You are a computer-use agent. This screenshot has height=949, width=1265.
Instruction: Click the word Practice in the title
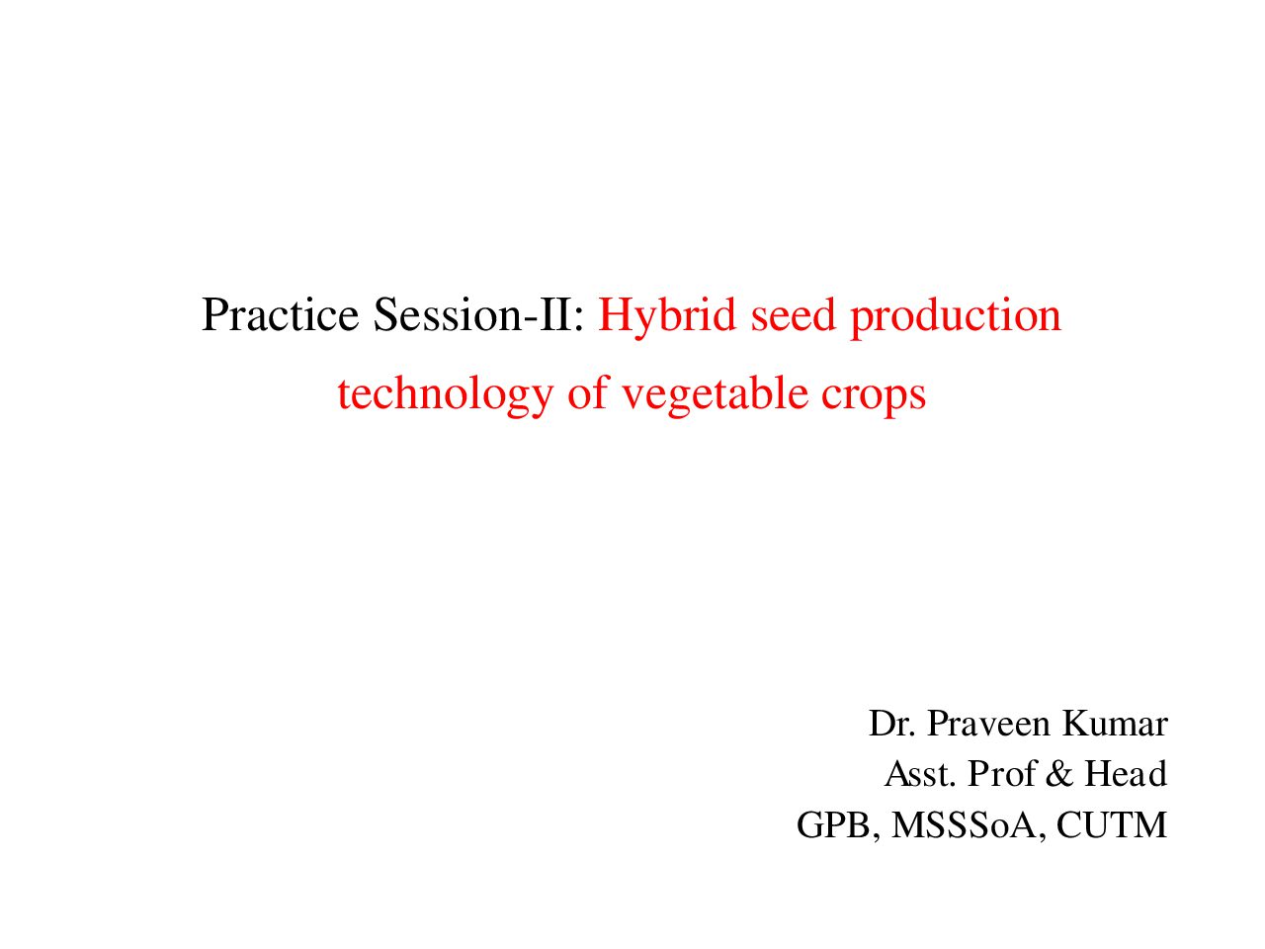[280, 314]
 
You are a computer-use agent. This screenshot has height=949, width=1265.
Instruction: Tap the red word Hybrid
[667, 318]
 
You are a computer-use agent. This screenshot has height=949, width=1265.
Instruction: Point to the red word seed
[793, 314]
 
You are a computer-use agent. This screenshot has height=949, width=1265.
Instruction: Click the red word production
[955, 318]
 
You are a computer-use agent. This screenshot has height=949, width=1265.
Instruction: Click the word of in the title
[587, 393]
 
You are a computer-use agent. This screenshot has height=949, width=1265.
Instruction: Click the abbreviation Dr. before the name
[892, 724]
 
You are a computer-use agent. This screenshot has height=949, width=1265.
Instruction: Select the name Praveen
[988, 724]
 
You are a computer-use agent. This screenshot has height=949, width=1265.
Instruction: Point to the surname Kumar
[1115, 724]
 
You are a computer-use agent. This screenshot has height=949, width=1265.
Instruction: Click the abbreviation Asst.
[920, 774]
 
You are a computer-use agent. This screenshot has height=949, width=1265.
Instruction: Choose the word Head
[1126, 774]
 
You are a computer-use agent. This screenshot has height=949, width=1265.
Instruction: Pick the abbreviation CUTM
[1112, 825]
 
